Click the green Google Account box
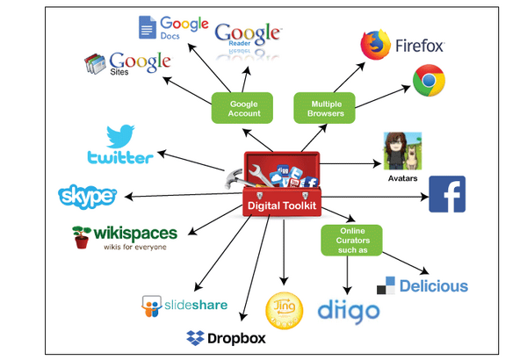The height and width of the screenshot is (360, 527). [x=242, y=108]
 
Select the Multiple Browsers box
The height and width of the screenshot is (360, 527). [x=324, y=108]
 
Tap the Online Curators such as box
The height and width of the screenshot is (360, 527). [x=351, y=241]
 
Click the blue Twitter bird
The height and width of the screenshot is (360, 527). [x=120, y=136]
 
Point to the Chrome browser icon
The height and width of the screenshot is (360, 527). [x=429, y=80]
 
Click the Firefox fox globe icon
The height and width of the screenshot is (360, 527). [x=375, y=45]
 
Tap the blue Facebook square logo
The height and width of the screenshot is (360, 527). [x=447, y=194]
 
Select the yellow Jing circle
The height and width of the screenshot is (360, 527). [x=284, y=310]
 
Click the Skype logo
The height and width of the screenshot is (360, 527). [x=87, y=197]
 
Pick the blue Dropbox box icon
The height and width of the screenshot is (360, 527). [x=195, y=338]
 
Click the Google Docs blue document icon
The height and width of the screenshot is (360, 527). [x=148, y=27]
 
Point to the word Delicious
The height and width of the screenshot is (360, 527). [x=434, y=286]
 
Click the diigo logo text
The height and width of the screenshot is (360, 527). [x=349, y=313]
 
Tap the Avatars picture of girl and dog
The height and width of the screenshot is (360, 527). [x=402, y=151]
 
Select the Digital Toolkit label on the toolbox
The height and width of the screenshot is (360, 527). [x=282, y=205]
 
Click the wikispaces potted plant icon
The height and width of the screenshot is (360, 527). [x=82, y=237]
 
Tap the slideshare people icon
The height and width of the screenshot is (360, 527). [x=152, y=306]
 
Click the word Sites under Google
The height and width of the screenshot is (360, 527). [x=119, y=72]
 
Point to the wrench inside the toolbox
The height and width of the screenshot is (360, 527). [x=261, y=175]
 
